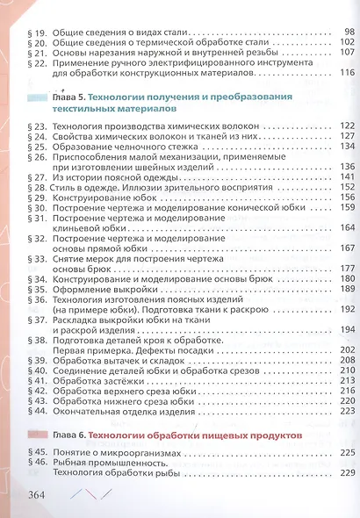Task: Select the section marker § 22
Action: pos(40,63)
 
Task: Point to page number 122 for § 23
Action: pos(343,126)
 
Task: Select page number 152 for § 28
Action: pos(343,187)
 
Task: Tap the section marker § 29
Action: pos(40,198)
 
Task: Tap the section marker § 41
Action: pos(40,380)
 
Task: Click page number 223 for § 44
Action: pos(343,411)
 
